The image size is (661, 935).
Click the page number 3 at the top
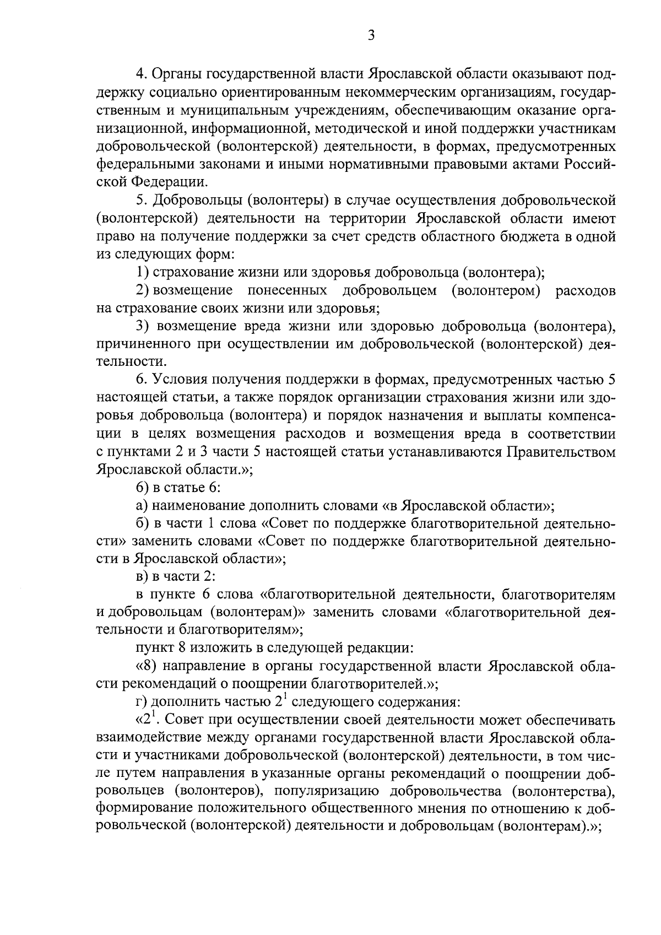(x=371, y=36)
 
